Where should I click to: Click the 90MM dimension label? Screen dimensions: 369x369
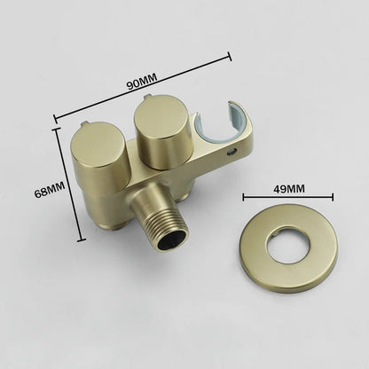coord(140,83)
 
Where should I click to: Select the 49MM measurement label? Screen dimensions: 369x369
coord(287,188)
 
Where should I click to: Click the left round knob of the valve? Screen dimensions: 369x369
coord(89,145)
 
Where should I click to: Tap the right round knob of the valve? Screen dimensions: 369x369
coord(160,123)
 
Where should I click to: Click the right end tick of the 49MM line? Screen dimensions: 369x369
coord(334,198)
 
